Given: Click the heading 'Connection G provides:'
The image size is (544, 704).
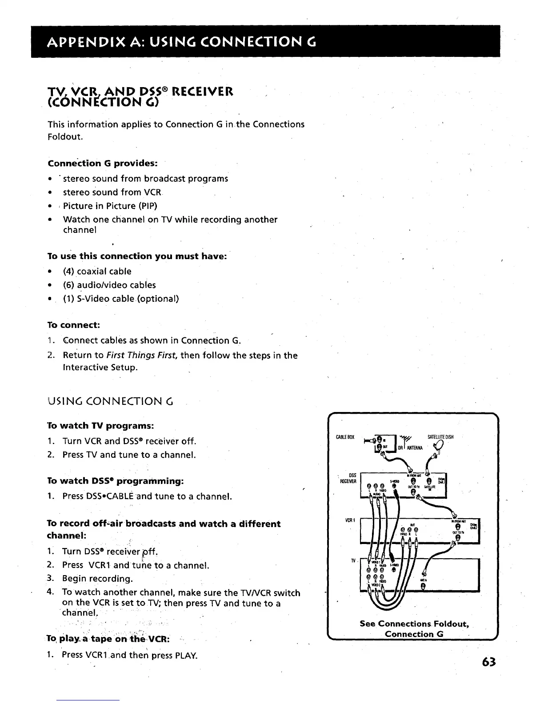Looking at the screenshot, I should pyautogui.click(x=103, y=163).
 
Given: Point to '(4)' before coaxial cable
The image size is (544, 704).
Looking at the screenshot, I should pyautogui.click(x=69, y=271).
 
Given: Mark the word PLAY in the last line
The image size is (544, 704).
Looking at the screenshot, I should pyautogui.click(x=186, y=655).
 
